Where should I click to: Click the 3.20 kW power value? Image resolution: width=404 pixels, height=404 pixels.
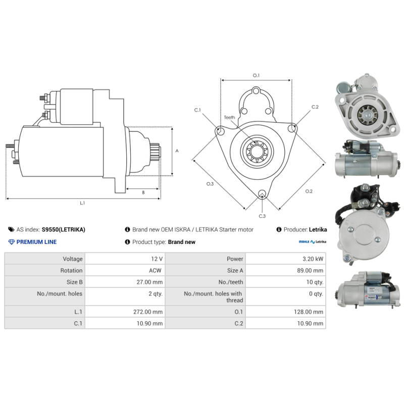click(313, 259)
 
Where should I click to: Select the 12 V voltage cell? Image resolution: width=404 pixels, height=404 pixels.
click(157, 259)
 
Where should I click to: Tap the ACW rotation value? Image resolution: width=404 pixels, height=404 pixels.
click(155, 270)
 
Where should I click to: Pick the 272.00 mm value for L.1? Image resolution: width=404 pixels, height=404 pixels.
click(148, 312)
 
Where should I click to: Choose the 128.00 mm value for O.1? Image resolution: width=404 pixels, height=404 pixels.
click(309, 312)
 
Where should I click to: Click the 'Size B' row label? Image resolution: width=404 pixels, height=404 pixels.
click(74, 282)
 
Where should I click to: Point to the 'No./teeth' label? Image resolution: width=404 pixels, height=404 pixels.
click(231, 282)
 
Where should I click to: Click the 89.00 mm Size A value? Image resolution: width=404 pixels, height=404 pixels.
click(310, 270)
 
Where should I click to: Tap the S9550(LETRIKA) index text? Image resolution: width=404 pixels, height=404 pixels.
click(64, 230)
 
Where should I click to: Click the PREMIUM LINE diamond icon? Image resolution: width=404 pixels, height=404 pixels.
click(11, 242)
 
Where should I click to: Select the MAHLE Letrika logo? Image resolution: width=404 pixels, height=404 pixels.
click(313, 242)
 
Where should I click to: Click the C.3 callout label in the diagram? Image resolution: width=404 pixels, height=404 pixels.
click(262, 216)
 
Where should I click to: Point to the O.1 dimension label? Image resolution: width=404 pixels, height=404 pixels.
click(256, 75)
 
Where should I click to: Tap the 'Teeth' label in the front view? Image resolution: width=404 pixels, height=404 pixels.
click(229, 118)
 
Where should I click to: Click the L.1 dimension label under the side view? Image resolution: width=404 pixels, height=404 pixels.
click(82, 203)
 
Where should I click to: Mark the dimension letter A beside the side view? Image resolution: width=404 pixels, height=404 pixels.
click(177, 150)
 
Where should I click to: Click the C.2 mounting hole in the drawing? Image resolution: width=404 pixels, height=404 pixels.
click(291, 128)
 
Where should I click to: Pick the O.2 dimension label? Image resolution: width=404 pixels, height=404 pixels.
click(309, 191)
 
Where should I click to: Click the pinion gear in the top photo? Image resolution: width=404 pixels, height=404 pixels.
click(367, 115)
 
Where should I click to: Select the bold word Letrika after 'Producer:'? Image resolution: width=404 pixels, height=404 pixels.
click(318, 230)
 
